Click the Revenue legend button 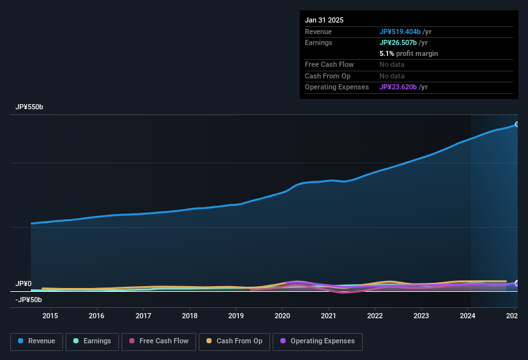(x=37, y=341)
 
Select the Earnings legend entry (x=93, y=341)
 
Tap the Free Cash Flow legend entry (x=159, y=341)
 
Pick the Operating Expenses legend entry (x=318, y=341)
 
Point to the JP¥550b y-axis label (x=30, y=107)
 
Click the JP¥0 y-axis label (x=24, y=283)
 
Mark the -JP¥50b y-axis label (x=29, y=300)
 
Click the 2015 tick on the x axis (x=50, y=316)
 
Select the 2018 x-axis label (x=190, y=316)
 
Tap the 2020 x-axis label (x=282, y=316)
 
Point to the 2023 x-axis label (x=421, y=316)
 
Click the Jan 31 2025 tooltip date (x=324, y=20)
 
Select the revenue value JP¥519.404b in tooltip (x=399, y=32)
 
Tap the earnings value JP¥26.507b (x=399, y=42)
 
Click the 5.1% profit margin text (x=408, y=53)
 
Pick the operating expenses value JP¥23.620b (x=399, y=87)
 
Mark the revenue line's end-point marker (x=516, y=124)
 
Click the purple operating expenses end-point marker (x=516, y=283)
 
